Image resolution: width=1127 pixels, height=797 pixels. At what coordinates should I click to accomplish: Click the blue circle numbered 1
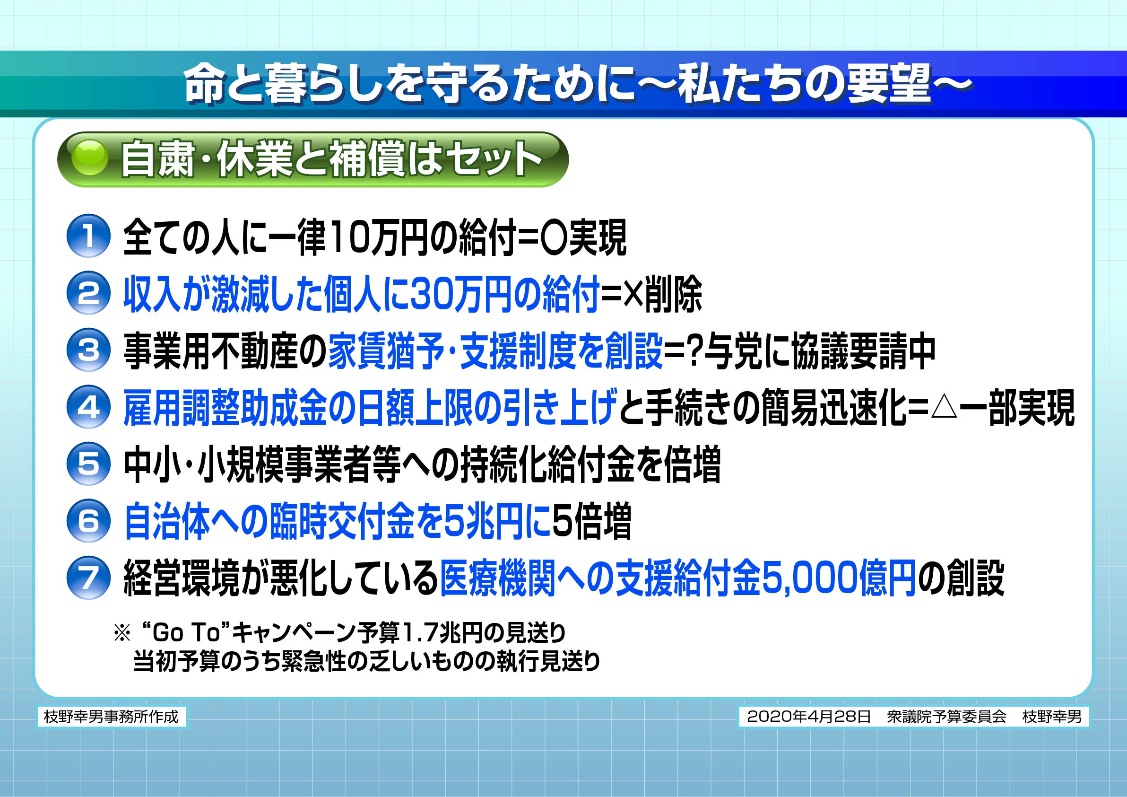pos(88,236)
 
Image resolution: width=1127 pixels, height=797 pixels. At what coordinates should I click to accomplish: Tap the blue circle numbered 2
pos(88,293)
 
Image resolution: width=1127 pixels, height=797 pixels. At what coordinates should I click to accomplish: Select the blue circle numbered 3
pos(88,350)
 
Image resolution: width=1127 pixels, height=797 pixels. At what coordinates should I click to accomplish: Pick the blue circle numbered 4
pos(88,407)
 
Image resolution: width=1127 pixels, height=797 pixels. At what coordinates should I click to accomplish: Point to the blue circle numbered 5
pos(88,464)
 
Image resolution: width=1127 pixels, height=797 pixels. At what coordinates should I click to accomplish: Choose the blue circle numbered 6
pos(88,521)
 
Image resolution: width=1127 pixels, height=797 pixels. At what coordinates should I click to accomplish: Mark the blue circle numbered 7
pos(88,578)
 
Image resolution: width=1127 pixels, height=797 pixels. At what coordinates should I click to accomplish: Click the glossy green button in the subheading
pos(90,158)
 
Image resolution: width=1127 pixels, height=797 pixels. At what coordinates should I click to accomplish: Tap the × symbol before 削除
pos(633,294)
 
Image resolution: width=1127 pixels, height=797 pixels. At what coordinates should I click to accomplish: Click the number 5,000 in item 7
pos(809,579)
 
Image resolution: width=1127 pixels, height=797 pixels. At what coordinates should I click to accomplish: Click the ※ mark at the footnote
pos(122,633)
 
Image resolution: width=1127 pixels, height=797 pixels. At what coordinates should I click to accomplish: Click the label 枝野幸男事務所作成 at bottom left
pos(112,717)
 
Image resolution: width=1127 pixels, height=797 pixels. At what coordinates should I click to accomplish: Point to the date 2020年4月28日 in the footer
pos(809,717)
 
